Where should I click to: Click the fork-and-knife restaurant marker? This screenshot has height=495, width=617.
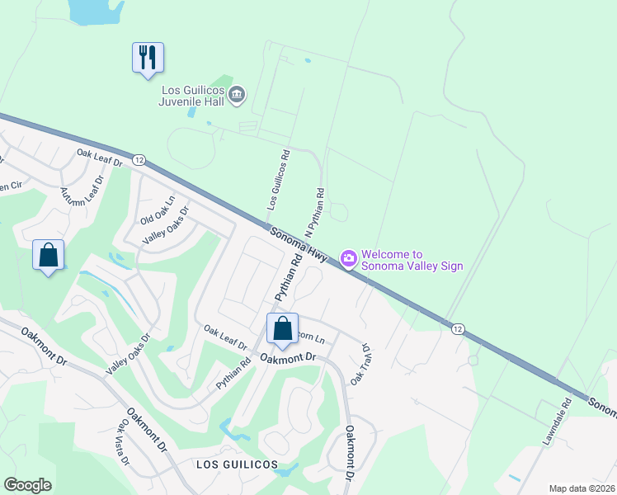148,59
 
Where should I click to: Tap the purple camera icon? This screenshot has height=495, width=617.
349,259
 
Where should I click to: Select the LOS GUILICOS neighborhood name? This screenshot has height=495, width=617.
237,465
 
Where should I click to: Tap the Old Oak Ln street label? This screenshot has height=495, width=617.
158,211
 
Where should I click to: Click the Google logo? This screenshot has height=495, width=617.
27,485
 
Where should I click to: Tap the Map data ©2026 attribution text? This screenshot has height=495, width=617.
582,488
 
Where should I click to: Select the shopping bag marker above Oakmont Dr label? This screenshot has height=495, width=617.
283,328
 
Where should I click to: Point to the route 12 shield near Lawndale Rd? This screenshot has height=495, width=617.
457,328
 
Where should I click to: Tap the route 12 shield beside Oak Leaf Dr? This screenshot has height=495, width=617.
139,159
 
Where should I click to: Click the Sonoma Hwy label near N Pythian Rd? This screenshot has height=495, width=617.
298,245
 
